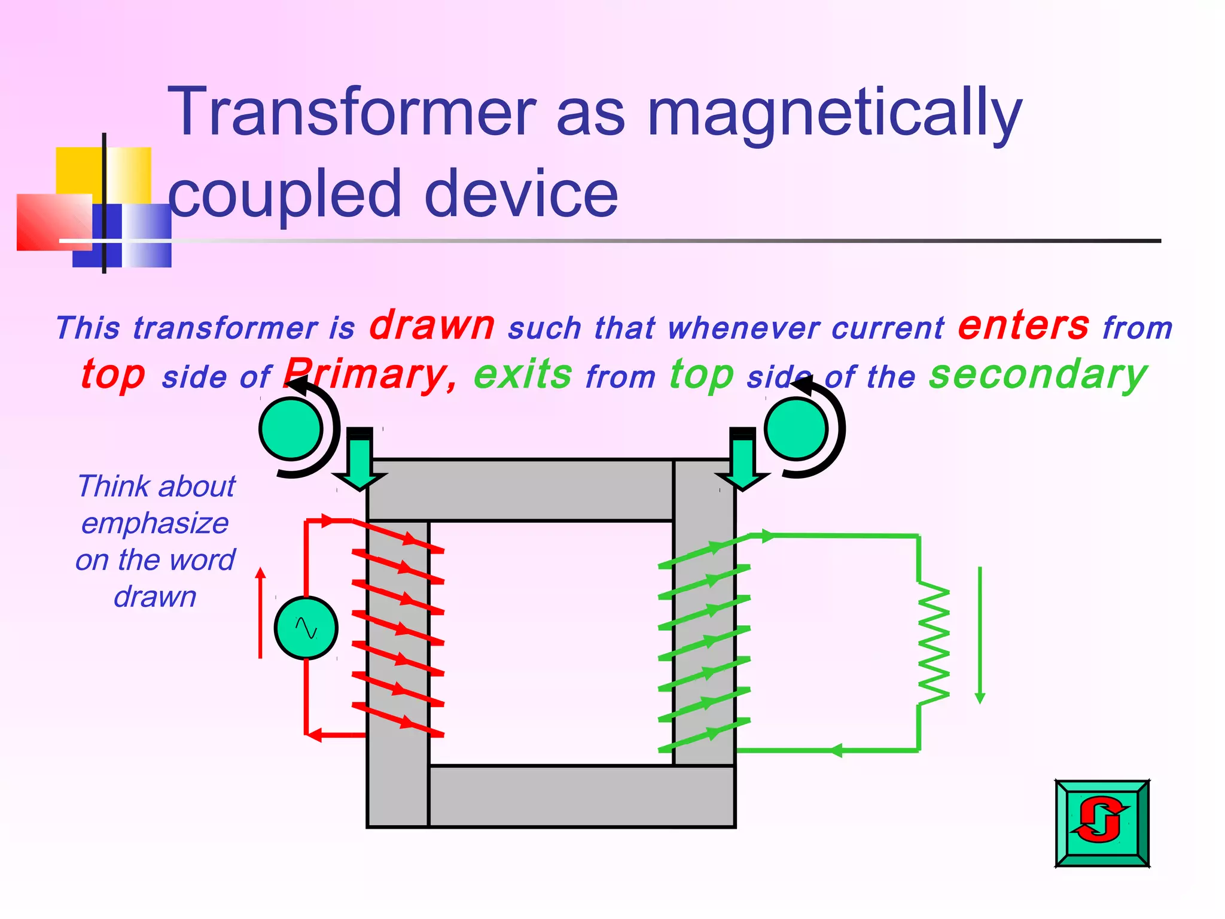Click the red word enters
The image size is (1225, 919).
pos(1023,326)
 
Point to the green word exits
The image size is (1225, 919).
pos(523,375)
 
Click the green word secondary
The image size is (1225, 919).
pos(1038,375)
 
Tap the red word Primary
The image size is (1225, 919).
pos(371,375)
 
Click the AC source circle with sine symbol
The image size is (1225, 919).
pos(306,628)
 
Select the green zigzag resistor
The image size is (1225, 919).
pos(933,643)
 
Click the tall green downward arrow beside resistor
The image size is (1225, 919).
pos(980,634)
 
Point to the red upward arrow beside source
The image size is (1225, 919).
pos(260,613)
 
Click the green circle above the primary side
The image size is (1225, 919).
pos(292,429)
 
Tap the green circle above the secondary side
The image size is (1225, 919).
pos(796,429)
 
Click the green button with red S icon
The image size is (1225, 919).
pos(1102,823)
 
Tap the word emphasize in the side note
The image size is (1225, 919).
pos(155,524)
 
